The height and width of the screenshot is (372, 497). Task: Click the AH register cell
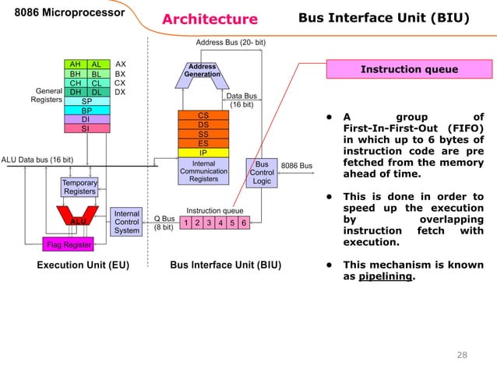pos(76,65)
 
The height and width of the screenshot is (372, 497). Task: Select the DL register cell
pos(97,92)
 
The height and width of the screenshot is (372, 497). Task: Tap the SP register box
pos(86,101)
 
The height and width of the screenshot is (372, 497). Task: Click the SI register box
pos(86,129)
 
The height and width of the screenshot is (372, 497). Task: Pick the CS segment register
pos(203,115)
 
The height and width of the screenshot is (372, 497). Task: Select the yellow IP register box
pos(203,153)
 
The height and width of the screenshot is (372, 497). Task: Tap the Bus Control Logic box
pos(262,174)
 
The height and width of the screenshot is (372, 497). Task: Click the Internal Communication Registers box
pos(203,171)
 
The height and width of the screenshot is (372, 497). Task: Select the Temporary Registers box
pos(79,187)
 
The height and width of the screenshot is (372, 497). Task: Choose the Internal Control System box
pos(126,221)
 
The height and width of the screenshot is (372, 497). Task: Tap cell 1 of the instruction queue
pos(185,223)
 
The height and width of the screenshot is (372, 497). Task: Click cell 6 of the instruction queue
pos(244,223)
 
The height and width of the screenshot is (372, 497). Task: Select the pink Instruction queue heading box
pos(408,69)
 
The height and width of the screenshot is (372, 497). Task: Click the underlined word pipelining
pos(386,275)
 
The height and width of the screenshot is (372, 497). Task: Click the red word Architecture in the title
pos(210,19)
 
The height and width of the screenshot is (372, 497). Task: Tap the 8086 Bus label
pos(296,166)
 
